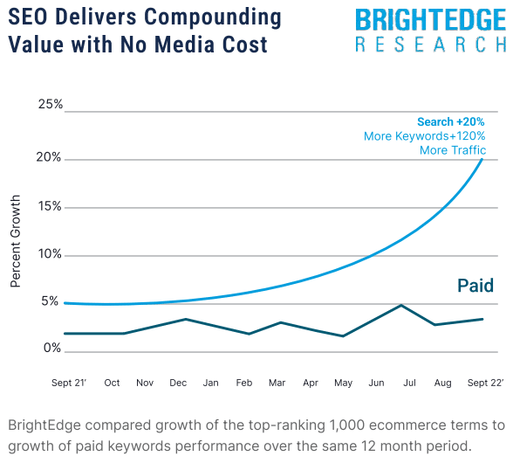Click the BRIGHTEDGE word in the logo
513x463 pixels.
coord(430,20)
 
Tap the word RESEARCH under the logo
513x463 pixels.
coord(430,45)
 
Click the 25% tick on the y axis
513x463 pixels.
coord(50,105)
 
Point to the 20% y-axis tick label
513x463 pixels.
coord(50,158)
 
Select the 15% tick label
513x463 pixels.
coord(50,207)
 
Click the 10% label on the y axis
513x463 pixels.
coord(50,255)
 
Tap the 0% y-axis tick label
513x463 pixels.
coord(52,349)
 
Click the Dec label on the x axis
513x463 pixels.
coord(178,383)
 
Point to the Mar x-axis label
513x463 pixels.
coord(277,383)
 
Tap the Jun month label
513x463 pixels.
coord(377,383)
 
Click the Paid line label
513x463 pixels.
coord(475,286)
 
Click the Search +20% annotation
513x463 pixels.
coord(450,122)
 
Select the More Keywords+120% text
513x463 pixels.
coord(424,136)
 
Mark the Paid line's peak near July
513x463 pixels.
coord(400,305)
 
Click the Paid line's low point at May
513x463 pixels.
coord(344,336)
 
